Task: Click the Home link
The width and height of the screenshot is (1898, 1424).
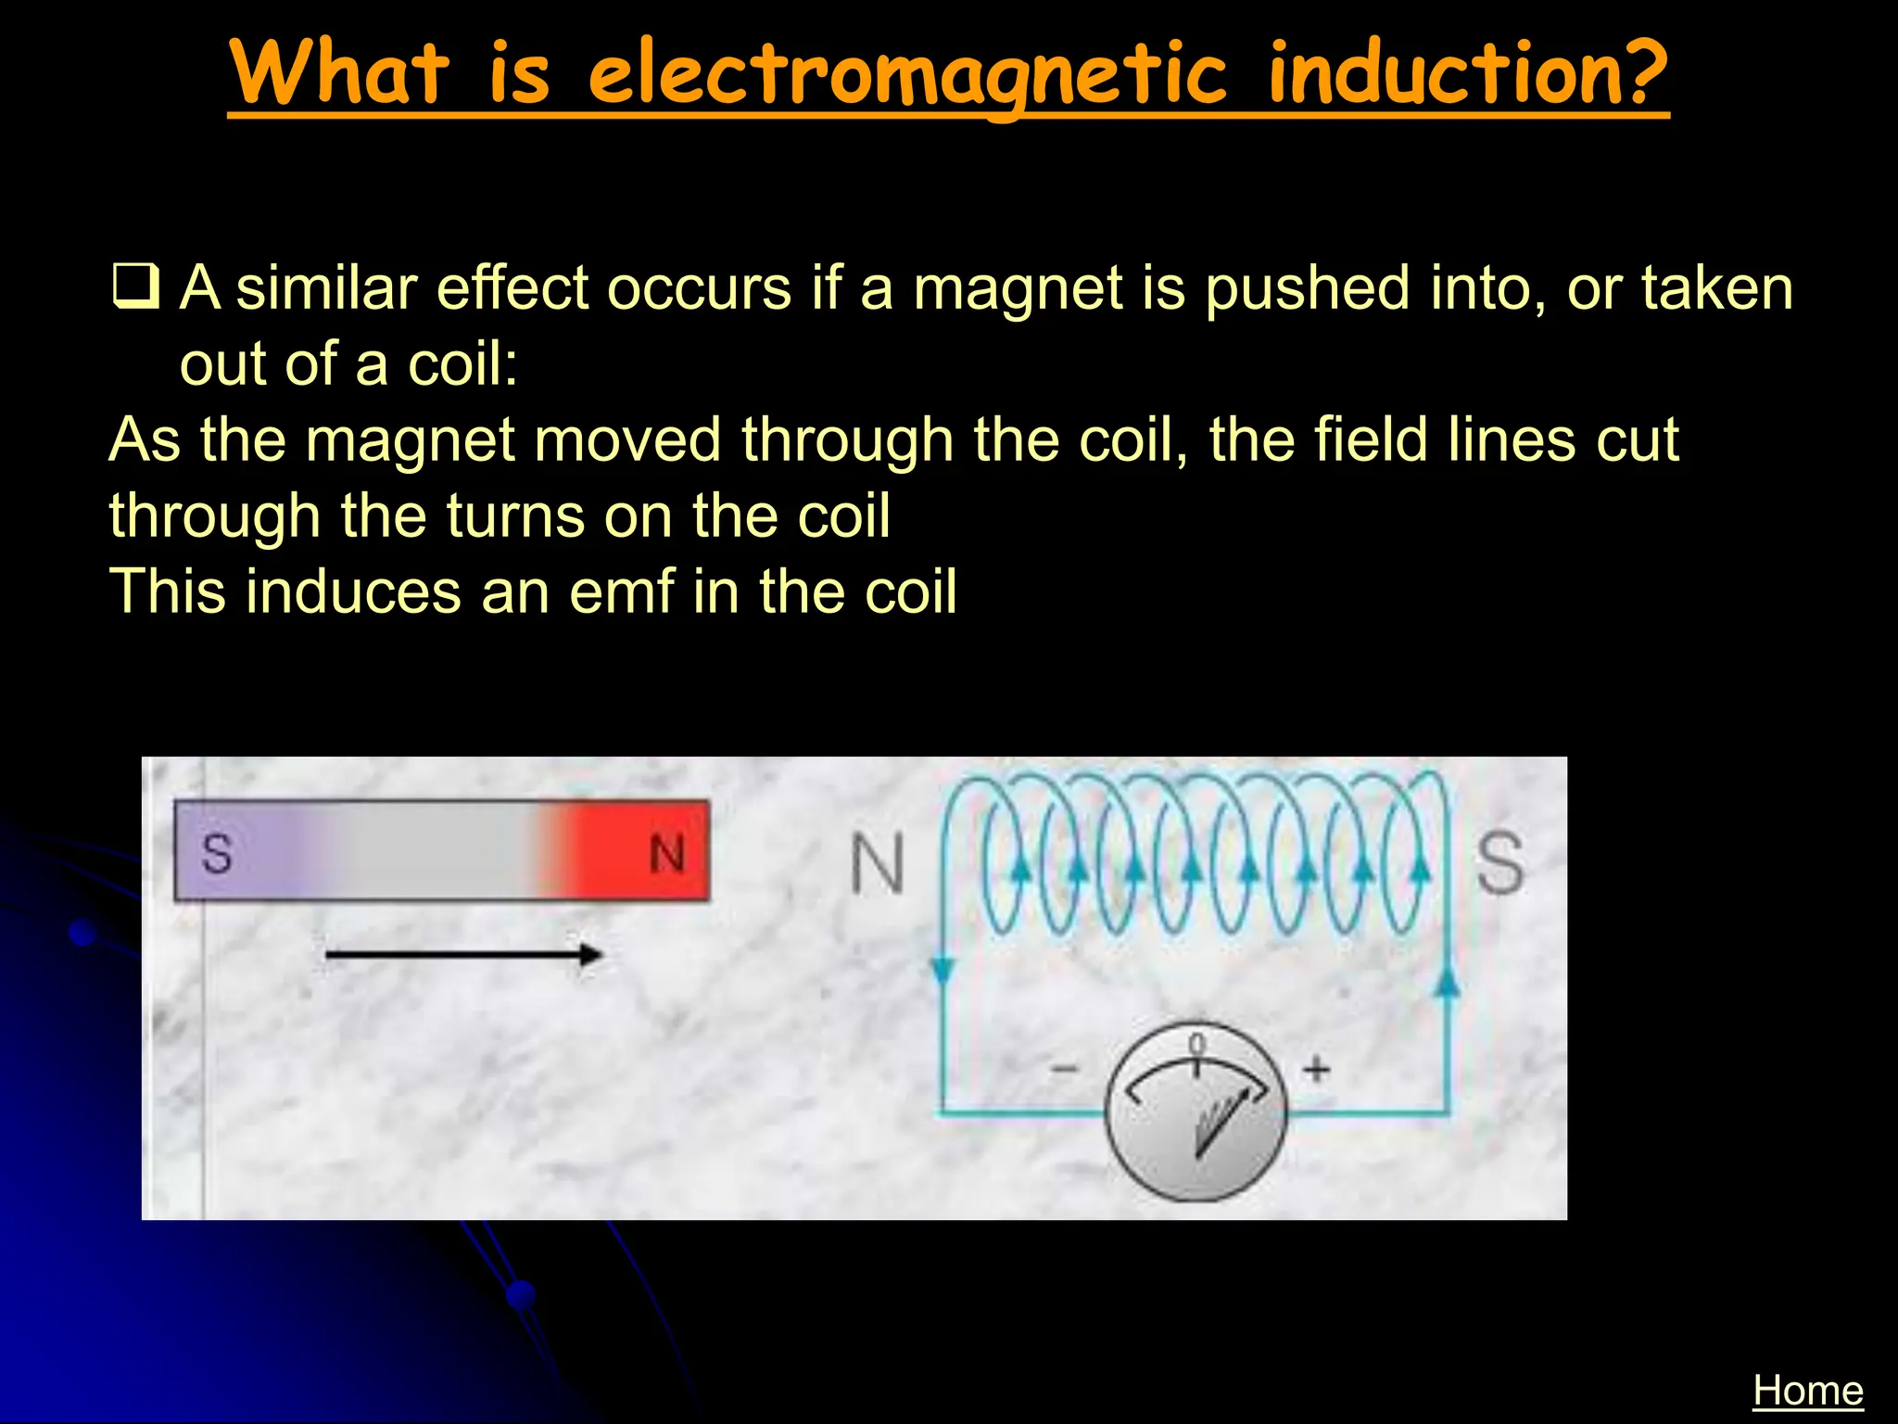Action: (1807, 1391)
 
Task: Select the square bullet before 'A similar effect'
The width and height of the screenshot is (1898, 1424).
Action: (135, 286)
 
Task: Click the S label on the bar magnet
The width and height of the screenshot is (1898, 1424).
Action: (217, 854)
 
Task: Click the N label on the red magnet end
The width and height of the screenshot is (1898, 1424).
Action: (666, 854)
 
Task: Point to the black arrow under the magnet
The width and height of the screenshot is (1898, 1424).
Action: (463, 954)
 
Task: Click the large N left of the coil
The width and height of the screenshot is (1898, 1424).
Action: (877, 864)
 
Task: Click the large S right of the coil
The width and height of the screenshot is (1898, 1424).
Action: (1499, 862)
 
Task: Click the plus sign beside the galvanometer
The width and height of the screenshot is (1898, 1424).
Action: (1316, 1070)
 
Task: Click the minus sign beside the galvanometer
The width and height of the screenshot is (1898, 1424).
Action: (1064, 1070)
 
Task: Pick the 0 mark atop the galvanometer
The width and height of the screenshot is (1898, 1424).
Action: (1196, 1044)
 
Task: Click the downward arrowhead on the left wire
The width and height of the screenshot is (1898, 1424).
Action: (942, 971)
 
